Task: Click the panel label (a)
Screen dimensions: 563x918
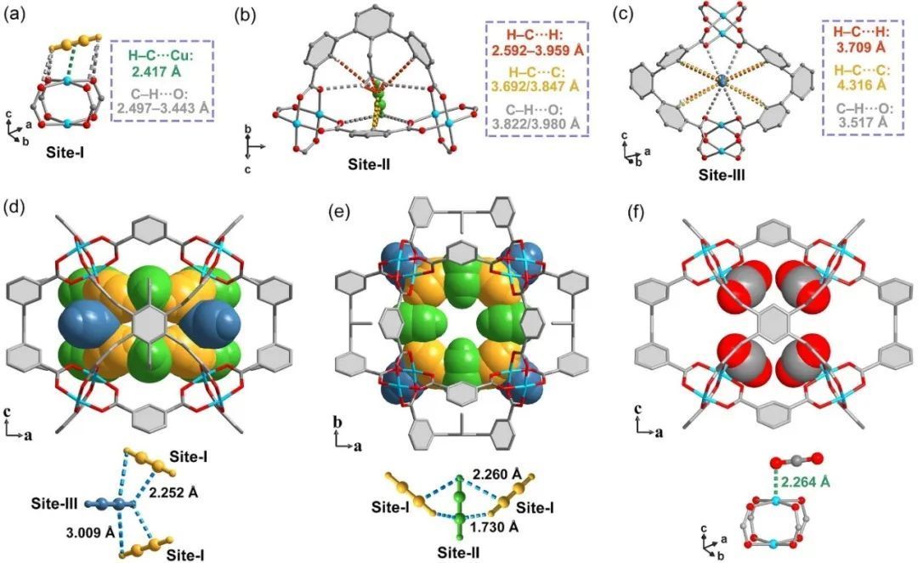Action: pos(14,14)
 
